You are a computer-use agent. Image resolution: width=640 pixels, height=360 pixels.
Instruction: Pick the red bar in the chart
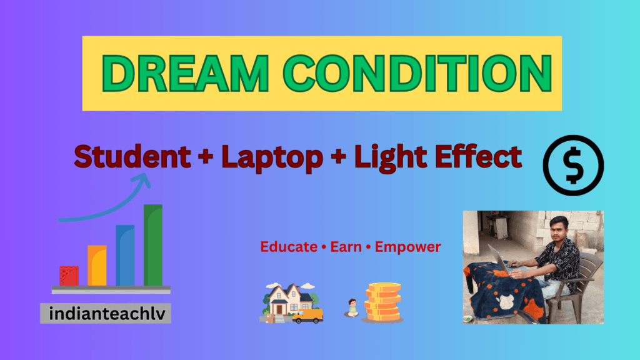69,276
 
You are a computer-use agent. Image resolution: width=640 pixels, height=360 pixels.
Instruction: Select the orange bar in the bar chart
97,266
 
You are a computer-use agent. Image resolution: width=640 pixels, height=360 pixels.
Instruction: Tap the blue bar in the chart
125,255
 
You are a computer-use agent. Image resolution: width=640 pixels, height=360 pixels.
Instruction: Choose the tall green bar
153,245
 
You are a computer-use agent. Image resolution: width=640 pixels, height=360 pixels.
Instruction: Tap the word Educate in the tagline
289,247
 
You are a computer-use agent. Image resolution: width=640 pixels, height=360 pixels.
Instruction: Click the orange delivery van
307,316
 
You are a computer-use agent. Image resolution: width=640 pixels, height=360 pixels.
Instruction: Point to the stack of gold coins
382,303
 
